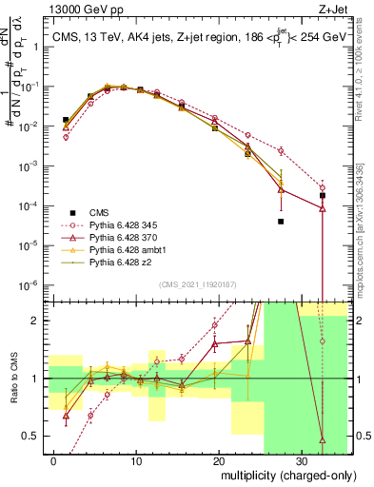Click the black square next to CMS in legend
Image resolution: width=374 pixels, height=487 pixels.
point(72,212)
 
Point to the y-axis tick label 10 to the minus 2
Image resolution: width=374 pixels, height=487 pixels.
point(29,126)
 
